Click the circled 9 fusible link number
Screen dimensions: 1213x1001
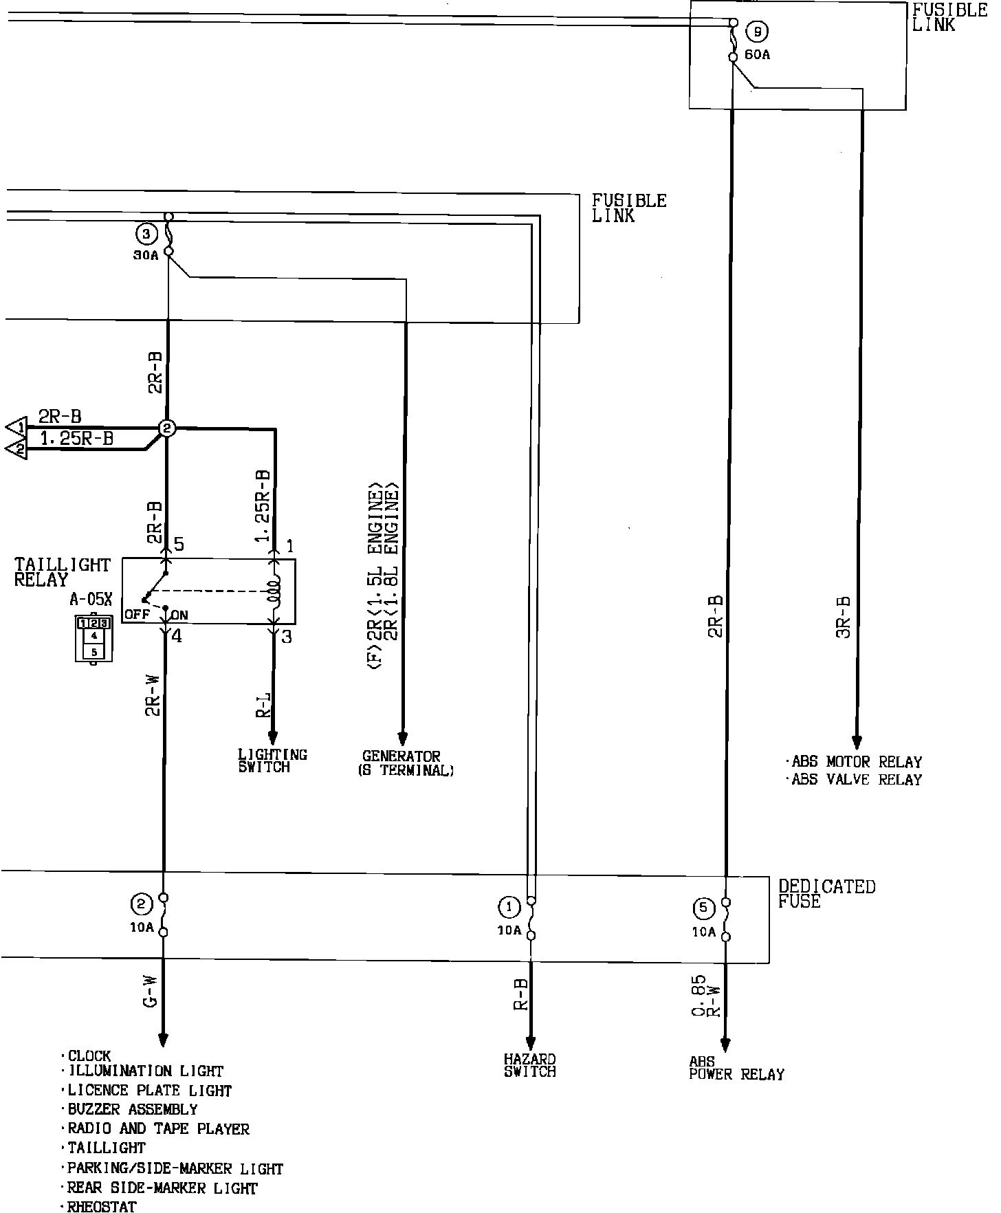(x=758, y=31)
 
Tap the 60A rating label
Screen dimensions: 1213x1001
(x=757, y=55)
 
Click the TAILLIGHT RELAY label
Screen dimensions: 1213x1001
(x=62, y=571)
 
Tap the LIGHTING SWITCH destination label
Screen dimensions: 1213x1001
(x=272, y=761)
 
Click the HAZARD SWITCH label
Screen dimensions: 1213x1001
(x=529, y=1065)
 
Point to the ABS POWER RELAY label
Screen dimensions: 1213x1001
(x=736, y=1069)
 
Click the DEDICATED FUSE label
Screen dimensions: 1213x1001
(x=826, y=893)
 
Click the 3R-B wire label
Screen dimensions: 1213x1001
(x=844, y=617)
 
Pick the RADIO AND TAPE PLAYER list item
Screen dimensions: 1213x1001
(x=157, y=1128)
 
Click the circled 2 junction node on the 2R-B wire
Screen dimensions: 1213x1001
(x=167, y=428)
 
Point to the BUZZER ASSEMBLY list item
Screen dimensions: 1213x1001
(x=132, y=1109)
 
